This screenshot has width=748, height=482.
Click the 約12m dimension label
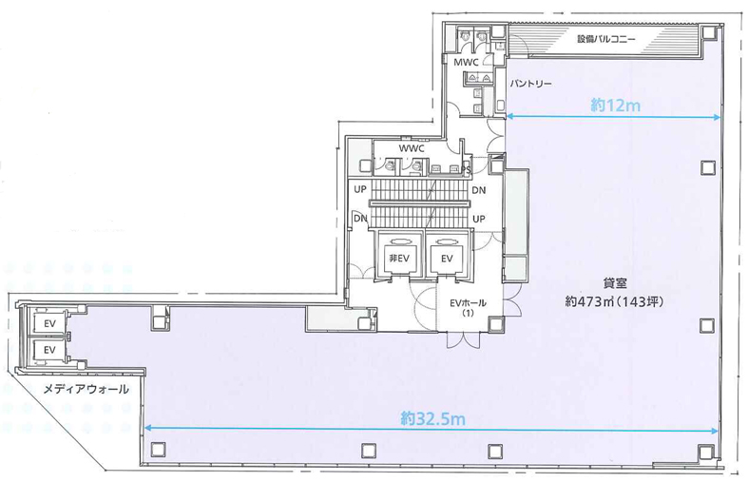point(615,105)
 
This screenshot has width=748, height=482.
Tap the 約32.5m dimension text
point(432,418)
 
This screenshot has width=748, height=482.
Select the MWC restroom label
point(466,63)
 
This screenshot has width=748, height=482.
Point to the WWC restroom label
point(412,149)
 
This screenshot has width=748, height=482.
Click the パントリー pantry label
point(530,84)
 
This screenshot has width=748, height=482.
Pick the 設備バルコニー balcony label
point(605,39)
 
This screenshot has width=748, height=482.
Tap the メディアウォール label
point(86,390)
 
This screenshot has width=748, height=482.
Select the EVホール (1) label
point(468,307)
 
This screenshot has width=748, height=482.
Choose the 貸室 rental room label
point(614,283)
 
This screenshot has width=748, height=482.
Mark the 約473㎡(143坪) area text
point(614,301)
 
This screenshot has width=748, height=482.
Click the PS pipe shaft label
point(466,169)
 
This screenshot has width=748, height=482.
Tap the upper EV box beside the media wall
point(49,324)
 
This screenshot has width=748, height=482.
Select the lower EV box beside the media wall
point(49,350)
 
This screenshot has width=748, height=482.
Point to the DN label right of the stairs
point(478,190)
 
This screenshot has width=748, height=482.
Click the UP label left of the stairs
point(360,189)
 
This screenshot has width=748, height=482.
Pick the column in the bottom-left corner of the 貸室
point(158,450)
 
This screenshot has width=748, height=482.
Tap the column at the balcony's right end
point(709,33)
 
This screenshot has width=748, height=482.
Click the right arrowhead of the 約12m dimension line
point(717,117)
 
